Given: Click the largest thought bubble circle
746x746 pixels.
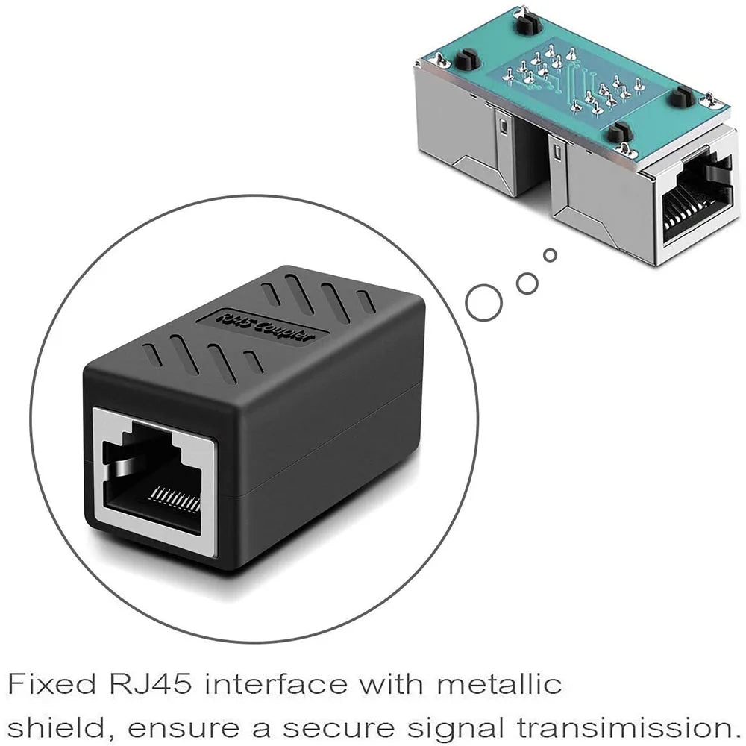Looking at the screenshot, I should point(483,303).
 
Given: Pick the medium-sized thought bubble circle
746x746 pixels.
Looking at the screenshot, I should point(527,282).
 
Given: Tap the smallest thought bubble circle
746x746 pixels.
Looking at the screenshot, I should point(551,255).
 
